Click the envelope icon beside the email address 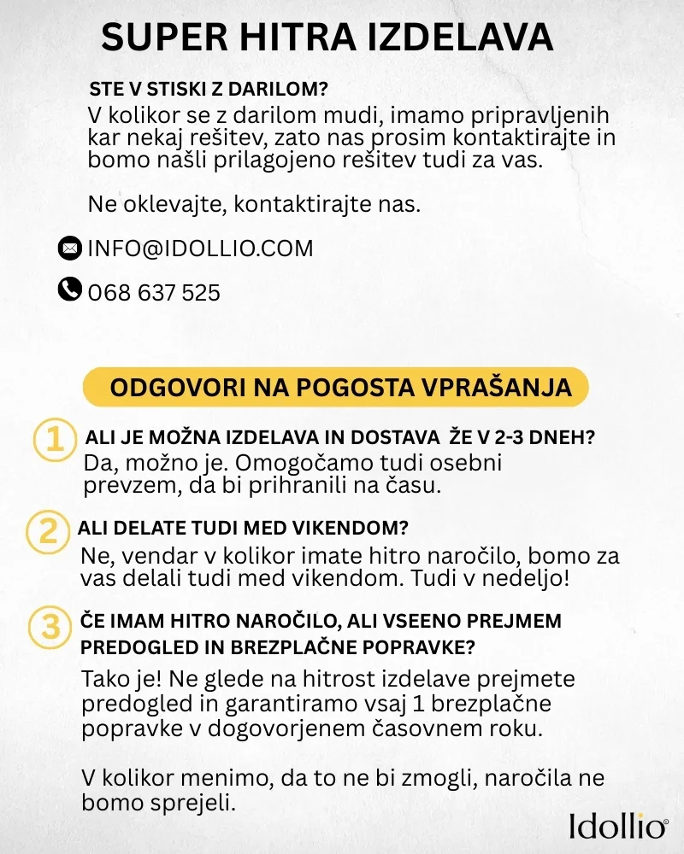(x=69, y=249)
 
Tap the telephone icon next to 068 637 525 (x=69, y=290)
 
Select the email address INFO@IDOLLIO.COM (x=200, y=249)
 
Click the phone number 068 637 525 (x=154, y=293)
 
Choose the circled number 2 (x=44, y=531)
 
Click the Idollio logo (x=617, y=825)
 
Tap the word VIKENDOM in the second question (x=347, y=526)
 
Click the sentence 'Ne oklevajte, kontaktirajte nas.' (x=254, y=205)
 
